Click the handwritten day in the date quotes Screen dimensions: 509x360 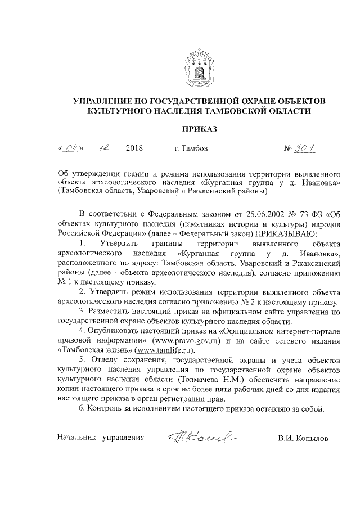click(71, 149)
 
